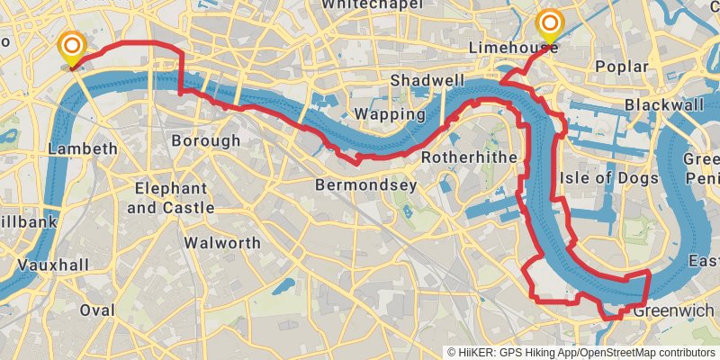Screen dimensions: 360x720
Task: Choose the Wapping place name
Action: coord(390,114)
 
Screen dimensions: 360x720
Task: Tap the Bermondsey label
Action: coord(365,185)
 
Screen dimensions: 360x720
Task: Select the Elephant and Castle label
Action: coord(171,198)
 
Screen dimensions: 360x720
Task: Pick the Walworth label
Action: coord(221,243)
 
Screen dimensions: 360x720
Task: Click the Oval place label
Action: coord(97,310)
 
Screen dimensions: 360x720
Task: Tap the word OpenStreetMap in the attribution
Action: coord(619,352)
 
